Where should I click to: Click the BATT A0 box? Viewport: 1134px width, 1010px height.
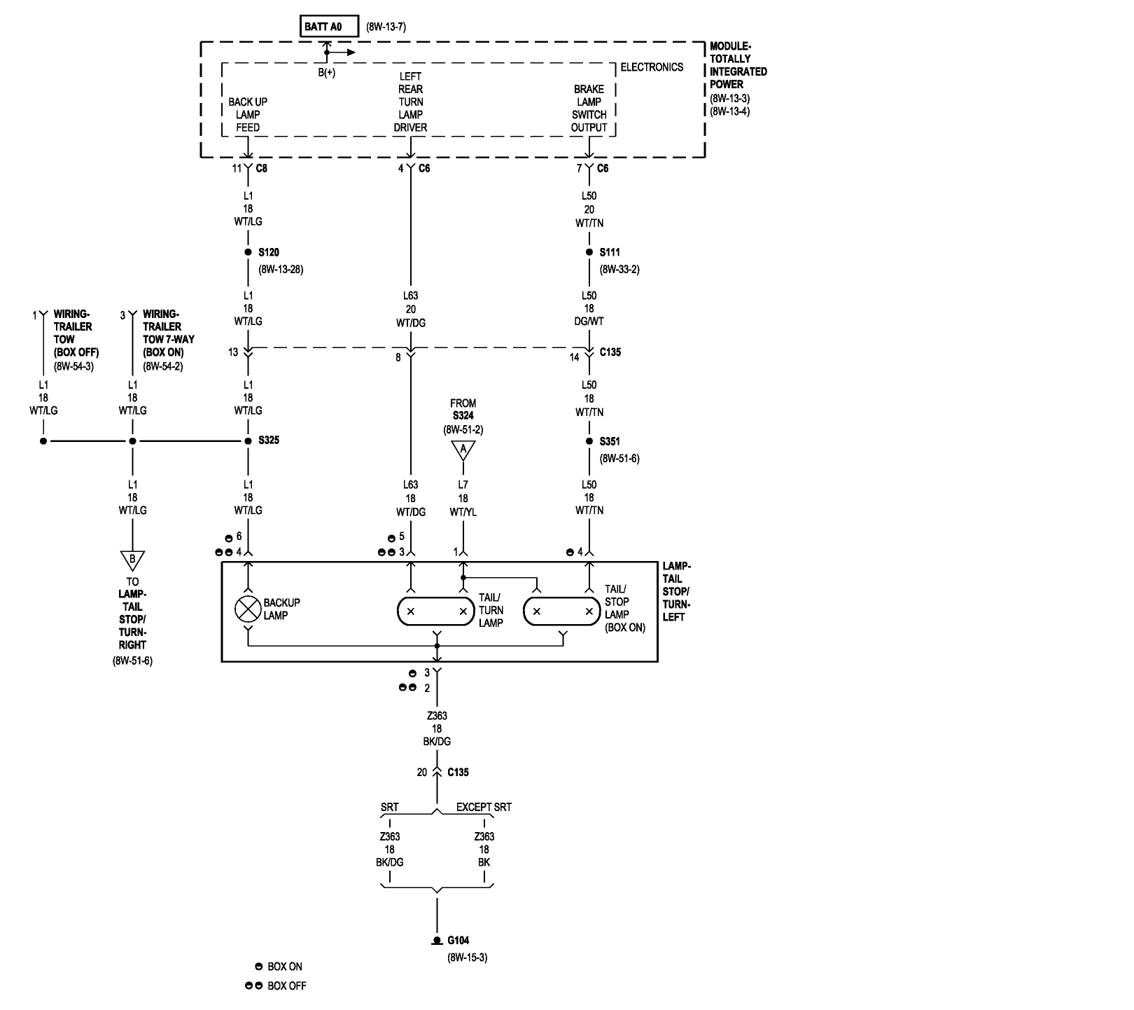(x=329, y=27)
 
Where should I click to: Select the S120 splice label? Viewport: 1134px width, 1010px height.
(x=269, y=252)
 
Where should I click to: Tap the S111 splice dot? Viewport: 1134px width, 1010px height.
(x=589, y=252)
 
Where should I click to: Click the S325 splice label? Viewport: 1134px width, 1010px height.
(x=269, y=441)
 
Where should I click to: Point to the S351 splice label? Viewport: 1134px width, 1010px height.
(x=610, y=441)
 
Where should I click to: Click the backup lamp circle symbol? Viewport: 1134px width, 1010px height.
(x=247, y=609)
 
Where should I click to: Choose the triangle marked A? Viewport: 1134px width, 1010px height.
(x=463, y=450)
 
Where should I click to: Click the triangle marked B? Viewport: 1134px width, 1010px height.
(x=132, y=560)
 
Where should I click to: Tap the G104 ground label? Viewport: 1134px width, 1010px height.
(x=458, y=941)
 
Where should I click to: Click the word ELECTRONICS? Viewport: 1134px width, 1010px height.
(x=652, y=67)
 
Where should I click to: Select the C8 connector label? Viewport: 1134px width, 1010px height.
(x=261, y=168)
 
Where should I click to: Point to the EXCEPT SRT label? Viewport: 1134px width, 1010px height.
(x=484, y=807)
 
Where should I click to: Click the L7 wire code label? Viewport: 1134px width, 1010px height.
(x=463, y=485)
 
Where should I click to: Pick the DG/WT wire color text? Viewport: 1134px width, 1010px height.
(x=589, y=321)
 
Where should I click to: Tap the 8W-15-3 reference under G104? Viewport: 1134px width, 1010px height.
(x=467, y=957)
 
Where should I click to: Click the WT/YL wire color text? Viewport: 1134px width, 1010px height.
(x=463, y=512)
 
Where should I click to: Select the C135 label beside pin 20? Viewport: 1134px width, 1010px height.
(x=458, y=773)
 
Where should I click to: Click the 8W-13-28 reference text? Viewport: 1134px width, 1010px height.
(x=280, y=269)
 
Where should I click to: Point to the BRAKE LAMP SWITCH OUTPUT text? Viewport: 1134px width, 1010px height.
(x=589, y=109)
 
